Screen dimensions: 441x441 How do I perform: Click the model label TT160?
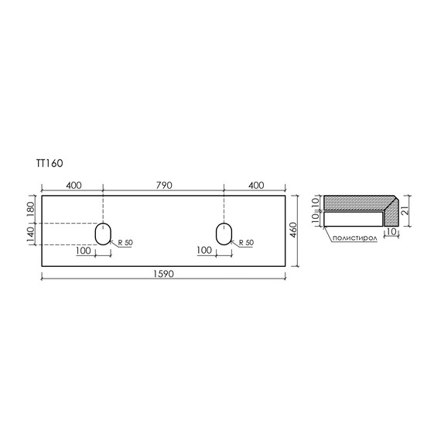[37, 163]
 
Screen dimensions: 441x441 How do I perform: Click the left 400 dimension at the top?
[73, 186]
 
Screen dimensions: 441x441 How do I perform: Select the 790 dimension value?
[163, 186]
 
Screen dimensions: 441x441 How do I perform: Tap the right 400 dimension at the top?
[256, 186]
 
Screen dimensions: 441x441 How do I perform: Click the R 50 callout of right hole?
[247, 243]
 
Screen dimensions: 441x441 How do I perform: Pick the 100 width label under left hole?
[84, 250]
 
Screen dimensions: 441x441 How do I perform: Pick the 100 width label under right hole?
[204, 250]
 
